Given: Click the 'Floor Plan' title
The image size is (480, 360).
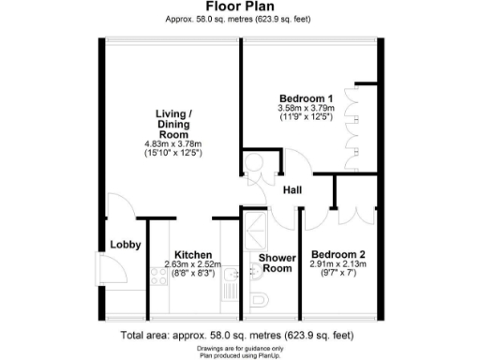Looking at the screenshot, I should coord(239,7).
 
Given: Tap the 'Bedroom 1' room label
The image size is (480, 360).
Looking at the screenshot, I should coord(306,97).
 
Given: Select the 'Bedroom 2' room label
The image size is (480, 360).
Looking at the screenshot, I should coord(338,254).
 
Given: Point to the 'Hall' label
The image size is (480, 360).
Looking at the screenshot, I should coord(292,192).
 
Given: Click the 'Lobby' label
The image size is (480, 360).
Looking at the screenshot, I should coord(125,246).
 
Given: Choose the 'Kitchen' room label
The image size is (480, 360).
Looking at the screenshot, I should coord(192,254).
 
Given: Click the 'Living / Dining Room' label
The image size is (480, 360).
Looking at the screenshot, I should coord(173,124).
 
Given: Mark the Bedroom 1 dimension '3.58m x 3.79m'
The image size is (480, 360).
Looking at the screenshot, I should coord(306,108).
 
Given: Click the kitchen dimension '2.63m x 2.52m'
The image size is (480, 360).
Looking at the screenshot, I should coord(192,264).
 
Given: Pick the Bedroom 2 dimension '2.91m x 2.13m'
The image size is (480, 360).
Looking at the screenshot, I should coord(338,264).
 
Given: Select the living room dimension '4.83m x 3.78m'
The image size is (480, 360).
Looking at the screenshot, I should coord(173,142).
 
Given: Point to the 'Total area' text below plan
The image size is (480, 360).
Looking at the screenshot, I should coord(239,335).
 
